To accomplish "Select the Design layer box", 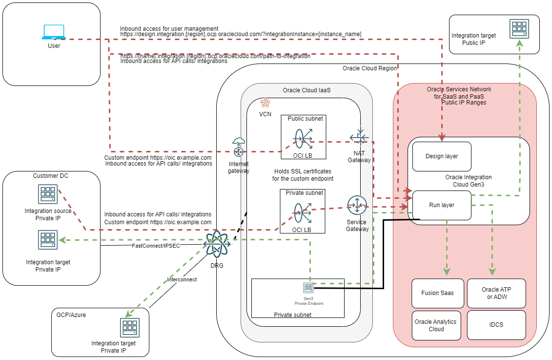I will point(442,156).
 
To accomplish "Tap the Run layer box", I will point(442,205).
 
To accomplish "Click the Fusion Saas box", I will point(437,293).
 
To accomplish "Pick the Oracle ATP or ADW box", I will point(497,293).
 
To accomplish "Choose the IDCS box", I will point(497,325).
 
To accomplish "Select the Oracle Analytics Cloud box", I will point(436,325).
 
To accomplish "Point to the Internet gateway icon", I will point(239,148).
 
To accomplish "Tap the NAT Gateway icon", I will point(359,137).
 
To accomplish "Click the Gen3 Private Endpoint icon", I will point(308,287).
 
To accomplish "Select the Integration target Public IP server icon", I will point(519,29).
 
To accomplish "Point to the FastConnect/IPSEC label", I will point(156,246).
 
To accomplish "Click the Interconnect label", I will point(182,280).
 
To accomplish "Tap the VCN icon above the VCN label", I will point(265,103).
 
